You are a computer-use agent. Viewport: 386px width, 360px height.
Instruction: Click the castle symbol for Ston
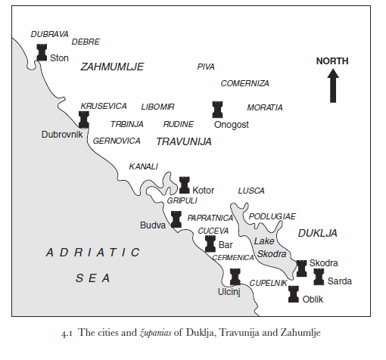point(42,52)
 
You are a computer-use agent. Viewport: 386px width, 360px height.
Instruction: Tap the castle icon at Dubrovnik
point(84,119)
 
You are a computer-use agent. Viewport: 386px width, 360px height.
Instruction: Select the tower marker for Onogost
point(218,109)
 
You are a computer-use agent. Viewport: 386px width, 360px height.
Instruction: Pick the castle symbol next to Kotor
point(184,185)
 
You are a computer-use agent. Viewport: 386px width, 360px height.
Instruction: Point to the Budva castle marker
point(176,219)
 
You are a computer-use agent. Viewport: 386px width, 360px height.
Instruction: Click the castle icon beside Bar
point(210,244)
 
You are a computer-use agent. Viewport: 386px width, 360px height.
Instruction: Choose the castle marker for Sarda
point(319,276)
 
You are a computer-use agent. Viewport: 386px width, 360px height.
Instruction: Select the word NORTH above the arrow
point(333,61)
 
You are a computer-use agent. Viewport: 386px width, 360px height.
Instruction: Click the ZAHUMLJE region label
point(112,67)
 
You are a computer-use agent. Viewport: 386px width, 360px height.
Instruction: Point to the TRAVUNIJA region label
point(183,141)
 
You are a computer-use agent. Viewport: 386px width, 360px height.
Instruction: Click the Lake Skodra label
point(270,247)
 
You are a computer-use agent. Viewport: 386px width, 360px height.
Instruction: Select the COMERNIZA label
point(244,83)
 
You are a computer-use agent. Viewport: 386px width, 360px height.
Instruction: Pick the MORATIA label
point(265,107)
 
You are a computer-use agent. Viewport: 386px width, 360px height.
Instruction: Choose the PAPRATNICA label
point(210,218)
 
